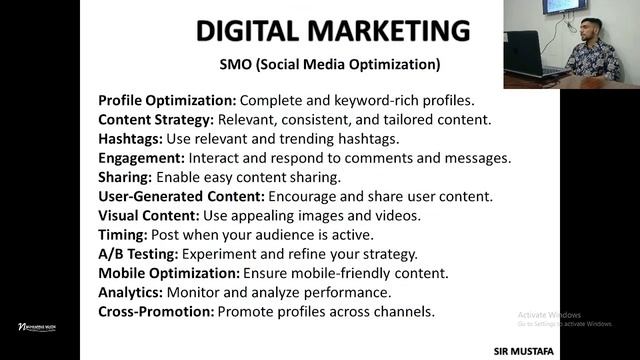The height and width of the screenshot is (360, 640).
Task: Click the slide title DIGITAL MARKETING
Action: pyautogui.click(x=332, y=31)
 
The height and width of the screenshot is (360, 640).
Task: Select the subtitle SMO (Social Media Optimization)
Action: pyautogui.click(x=330, y=68)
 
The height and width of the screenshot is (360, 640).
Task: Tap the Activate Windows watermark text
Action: pyautogui.click(x=566, y=315)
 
